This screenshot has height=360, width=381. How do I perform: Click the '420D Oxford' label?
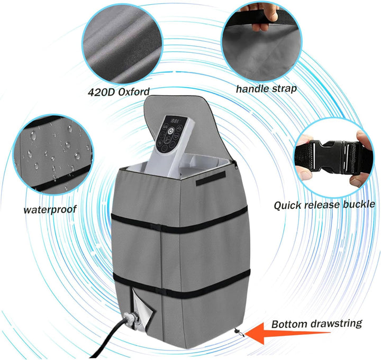click(x=119, y=92)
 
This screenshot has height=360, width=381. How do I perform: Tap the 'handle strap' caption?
click(x=266, y=89)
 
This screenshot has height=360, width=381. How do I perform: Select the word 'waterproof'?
click(x=50, y=209)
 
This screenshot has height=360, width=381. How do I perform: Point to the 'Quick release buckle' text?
click(x=324, y=205)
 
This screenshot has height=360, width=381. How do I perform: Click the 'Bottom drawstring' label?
click(x=316, y=324)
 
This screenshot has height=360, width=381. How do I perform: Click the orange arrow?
click(x=287, y=333)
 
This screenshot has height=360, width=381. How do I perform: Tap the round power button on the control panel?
click(x=171, y=131)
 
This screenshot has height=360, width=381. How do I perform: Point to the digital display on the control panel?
click(x=175, y=121)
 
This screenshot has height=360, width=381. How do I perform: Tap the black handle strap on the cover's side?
click(x=211, y=178)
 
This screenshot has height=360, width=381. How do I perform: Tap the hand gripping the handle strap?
click(x=263, y=17)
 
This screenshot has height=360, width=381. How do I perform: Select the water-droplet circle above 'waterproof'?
click(x=53, y=155)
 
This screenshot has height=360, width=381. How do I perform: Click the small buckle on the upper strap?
click(x=156, y=227)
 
